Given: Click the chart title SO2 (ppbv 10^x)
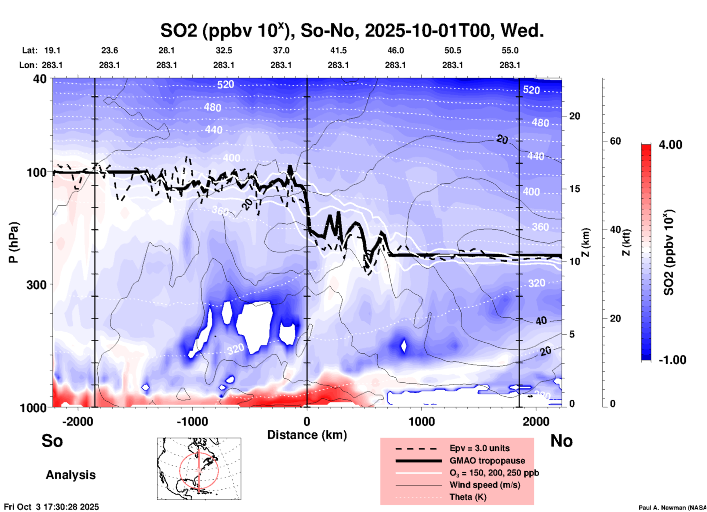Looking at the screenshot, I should click(352, 30).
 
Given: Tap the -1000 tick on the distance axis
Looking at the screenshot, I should click(192, 421).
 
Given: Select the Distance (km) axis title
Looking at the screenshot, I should click(307, 435).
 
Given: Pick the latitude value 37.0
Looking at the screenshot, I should click(281, 50).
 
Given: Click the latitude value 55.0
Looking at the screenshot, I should click(510, 50).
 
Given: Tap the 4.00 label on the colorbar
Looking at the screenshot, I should click(670, 145).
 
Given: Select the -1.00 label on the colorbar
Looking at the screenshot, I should click(672, 360).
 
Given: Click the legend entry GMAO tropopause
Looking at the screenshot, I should click(487, 461).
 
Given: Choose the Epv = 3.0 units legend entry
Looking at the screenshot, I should click(479, 448).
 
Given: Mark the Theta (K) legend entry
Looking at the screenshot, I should click(468, 497).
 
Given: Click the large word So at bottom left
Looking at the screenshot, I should click(52, 441).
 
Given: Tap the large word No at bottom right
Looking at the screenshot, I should click(561, 441).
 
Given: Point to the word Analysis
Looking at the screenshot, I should click(70, 475).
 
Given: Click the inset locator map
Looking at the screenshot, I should click(199, 469).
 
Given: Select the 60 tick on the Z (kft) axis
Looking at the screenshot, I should click(615, 141).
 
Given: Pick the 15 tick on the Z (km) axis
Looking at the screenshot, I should click(574, 189).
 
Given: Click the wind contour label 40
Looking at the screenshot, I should click(541, 321).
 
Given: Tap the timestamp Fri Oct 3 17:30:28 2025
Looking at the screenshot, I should click(51, 507).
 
